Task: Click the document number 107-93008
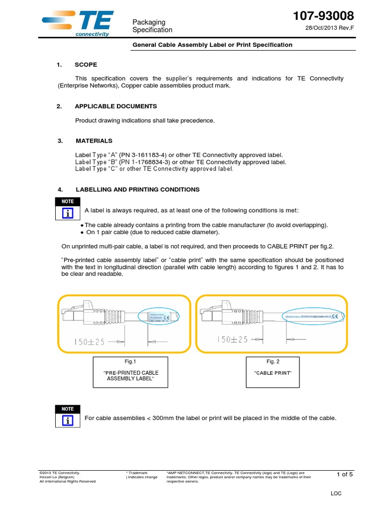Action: click(324, 15)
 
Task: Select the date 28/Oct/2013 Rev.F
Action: click(329, 28)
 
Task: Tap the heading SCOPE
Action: click(86, 65)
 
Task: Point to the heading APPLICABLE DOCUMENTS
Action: click(115, 106)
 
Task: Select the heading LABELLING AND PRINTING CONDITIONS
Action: click(137, 189)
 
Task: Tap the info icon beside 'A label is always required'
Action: click(68, 213)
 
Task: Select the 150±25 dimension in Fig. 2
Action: click(232, 339)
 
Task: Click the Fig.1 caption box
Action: click(129, 372)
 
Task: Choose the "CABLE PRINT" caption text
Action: click(273, 373)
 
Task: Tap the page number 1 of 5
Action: click(345, 474)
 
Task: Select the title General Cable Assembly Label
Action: click(212, 45)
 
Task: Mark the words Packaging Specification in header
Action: click(152, 26)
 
